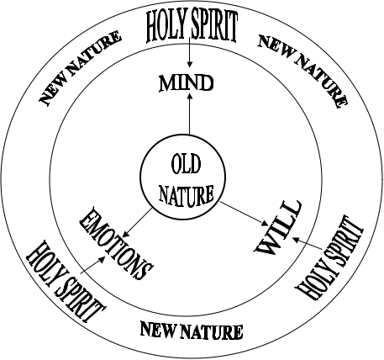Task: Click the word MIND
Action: pos(187,83)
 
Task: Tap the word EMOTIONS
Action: pos(116,243)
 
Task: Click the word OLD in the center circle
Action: pos(186,165)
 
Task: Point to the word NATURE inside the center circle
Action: pos(187,195)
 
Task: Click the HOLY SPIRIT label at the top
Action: pos(192,27)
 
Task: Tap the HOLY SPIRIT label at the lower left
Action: pos(66,281)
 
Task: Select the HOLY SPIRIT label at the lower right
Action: pos(329,257)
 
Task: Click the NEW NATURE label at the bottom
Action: pos(192,331)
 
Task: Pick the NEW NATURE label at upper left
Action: pos(80,68)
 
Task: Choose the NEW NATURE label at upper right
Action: pos(302,71)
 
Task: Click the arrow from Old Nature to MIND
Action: pos(190,114)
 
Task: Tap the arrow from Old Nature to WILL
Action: pos(244,214)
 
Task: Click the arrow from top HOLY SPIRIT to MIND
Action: pos(190,52)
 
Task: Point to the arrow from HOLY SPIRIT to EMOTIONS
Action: pos(92,265)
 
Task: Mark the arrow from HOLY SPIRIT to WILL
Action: pos(307,244)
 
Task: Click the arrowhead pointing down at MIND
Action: pos(190,65)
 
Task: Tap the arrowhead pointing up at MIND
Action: pos(190,97)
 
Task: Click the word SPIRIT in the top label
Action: pos(214,27)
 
